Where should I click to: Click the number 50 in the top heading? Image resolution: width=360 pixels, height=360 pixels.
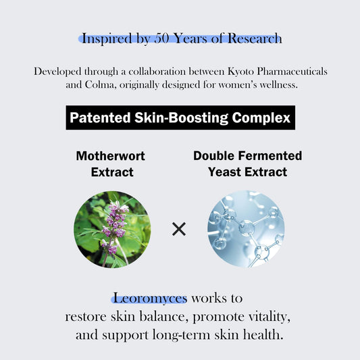164,38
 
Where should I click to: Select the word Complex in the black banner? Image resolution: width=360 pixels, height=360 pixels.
259,119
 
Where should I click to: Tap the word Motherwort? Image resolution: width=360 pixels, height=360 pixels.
111,156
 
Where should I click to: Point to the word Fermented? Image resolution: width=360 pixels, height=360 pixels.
269,156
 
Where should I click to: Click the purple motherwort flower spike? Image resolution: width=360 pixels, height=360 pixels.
113,223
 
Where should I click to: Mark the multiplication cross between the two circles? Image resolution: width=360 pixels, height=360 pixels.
179,229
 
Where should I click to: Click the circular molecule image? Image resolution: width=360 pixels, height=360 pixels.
246,228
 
